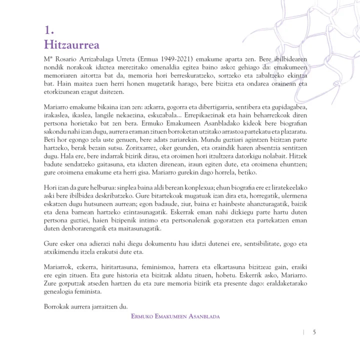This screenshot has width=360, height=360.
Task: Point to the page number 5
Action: (314, 332)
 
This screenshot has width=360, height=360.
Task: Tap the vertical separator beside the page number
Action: (303, 332)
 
